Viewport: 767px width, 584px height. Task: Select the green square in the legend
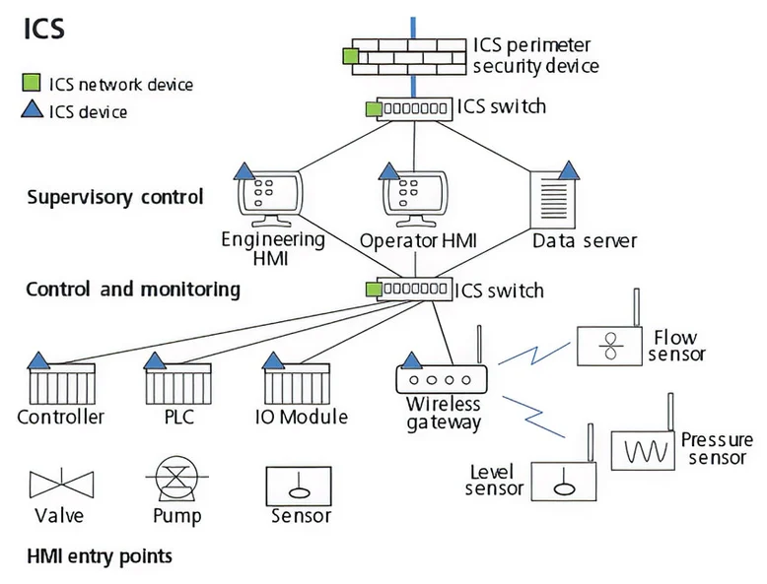32,85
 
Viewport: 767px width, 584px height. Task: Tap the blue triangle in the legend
32,110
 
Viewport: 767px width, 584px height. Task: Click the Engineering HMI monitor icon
271,198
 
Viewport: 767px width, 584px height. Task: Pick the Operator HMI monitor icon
413,198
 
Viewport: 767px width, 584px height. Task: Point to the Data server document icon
556,198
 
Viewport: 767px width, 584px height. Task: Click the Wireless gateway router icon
442,379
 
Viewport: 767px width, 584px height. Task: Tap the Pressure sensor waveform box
642,451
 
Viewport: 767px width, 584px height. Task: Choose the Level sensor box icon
563,481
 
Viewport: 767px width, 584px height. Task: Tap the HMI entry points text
99,556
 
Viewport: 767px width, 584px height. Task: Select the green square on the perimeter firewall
350,56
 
